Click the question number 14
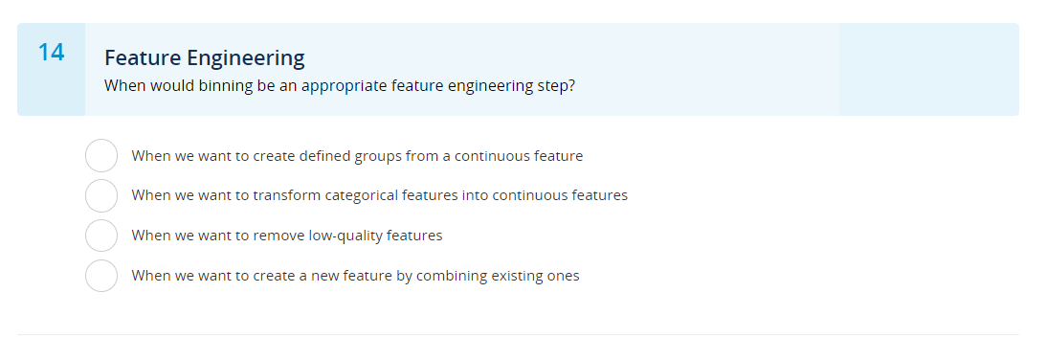click(x=51, y=53)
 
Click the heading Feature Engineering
click(x=204, y=57)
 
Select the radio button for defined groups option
click(x=101, y=155)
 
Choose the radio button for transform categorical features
click(x=101, y=195)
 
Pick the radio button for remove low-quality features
click(x=101, y=236)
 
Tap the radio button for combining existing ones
click(x=101, y=276)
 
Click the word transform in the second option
click(x=285, y=195)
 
